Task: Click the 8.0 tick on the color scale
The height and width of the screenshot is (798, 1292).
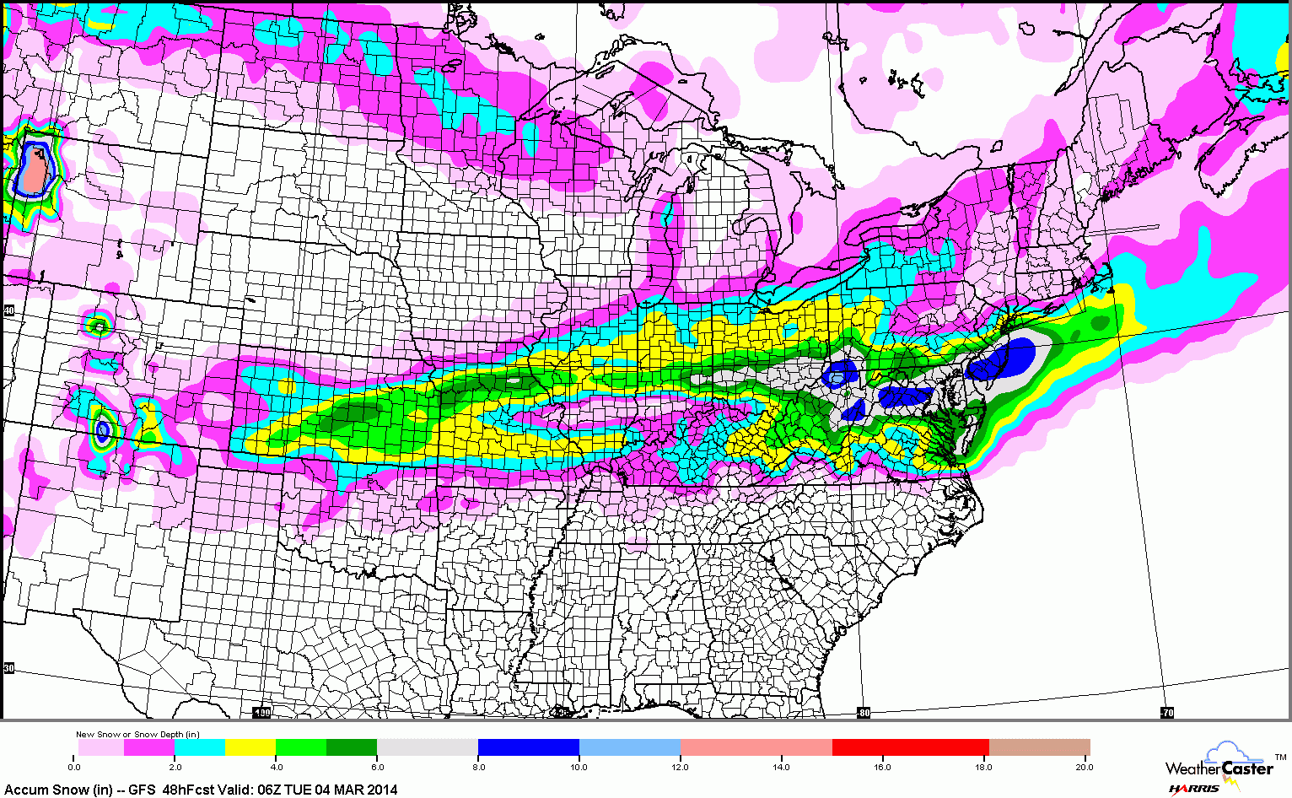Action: (x=478, y=767)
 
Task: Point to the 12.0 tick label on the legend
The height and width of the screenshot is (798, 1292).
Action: (x=681, y=767)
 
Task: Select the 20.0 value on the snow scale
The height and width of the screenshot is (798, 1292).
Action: (x=1084, y=767)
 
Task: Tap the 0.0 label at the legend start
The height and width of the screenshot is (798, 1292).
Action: (x=74, y=767)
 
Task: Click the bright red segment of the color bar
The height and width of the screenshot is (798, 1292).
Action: (x=910, y=747)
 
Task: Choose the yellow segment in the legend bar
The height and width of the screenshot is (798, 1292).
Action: (x=250, y=747)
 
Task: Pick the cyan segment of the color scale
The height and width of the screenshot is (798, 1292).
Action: (x=200, y=747)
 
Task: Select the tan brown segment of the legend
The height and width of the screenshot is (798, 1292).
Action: (x=1039, y=747)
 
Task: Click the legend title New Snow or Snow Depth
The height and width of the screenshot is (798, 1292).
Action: (x=137, y=734)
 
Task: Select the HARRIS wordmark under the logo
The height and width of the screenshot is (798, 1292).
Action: (x=1193, y=789)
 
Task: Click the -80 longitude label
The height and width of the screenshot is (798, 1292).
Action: (x=863, y=713)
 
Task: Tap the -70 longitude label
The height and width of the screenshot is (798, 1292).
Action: (x=1166, y=713)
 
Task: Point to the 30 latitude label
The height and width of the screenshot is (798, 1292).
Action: (x=8, y=667)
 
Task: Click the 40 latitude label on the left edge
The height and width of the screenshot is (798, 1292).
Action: (x=8, y=310)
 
